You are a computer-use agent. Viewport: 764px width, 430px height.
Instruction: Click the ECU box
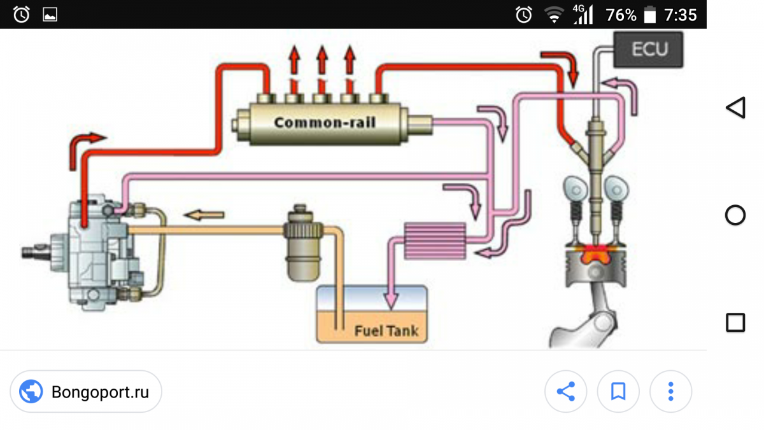click(649, 49)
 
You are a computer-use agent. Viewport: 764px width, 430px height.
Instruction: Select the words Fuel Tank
click(386, 331)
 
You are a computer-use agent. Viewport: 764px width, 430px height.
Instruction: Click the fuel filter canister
click(302, 243)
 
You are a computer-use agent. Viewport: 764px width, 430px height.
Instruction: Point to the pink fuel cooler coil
click(435, 240)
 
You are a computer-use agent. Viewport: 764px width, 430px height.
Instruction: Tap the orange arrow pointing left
click(204, 215)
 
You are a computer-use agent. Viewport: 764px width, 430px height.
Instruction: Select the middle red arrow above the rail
click(322, 67)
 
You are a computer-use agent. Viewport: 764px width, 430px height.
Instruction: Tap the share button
click(565, 391)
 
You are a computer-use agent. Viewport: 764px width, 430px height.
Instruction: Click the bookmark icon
click(618, 391)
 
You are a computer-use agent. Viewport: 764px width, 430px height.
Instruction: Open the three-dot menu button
click(670, 391)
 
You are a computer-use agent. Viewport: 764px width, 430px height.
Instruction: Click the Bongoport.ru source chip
click(86, 392)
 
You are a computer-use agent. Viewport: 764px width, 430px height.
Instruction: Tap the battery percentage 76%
click(621, 15)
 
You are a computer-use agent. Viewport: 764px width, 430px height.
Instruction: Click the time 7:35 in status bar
click(680, 15)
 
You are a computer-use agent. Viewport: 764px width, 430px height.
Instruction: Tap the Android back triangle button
click(735, 108)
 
